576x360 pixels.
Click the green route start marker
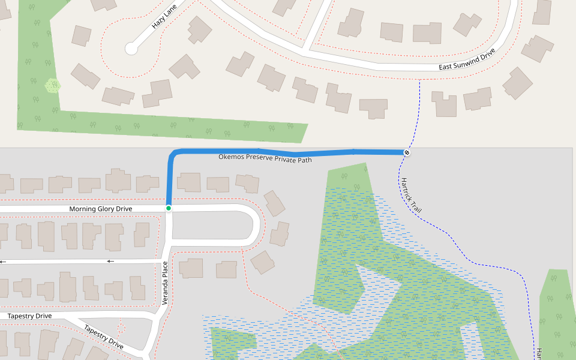[x=169, y=208]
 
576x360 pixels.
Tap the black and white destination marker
[x=407, y=152]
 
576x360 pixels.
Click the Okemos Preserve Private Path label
[x=265, y=158]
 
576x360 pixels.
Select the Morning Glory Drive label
[x=100, y=209]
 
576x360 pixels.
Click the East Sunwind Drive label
[x=466, y=59]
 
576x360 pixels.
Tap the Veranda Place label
[x=166, y=283]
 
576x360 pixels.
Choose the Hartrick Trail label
[x=412, y=196]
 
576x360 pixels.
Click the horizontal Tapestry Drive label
[x=29, y=316]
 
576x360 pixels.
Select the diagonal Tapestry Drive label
[x=104, y=337]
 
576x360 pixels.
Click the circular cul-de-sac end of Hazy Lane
[x=131, y=49]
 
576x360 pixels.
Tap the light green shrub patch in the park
[x=53, y=86]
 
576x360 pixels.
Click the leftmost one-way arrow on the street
[x=3, y=262]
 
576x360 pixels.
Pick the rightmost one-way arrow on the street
[x=110, y=261]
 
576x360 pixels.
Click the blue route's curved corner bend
[x=173, y=154]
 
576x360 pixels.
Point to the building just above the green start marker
[x=188, y=182]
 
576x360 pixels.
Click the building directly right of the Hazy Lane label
[x=199, y=29]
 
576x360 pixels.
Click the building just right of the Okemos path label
[x=247, y=182]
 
